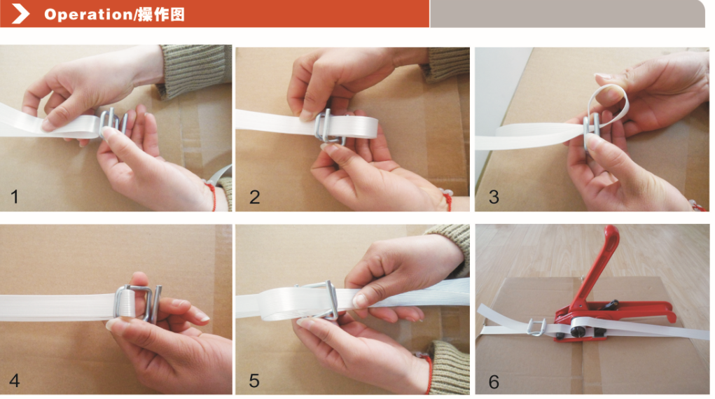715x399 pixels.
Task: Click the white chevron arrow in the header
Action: pyautogui.click(x=20, y=14)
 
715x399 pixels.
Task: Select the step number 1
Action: pyautogui.click(x=15, y=197)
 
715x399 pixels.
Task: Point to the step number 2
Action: pyautogui.click(x=254, y=197)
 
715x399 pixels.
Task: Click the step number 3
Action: pyautogui.click(x=494, y=197)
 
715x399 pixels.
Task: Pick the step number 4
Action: pyautogui.click(x=15, y=380)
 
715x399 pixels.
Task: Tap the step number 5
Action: pyautogui.click(x=254, y=380)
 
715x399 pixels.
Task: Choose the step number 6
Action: pyautogui.click(x=494, y=381)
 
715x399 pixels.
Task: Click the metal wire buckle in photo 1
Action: pyautogui.click(x=112, y=123)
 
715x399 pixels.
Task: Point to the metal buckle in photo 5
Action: pyautogui.click(x=327, y=299)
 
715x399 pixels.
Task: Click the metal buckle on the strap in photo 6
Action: pyautogui.click(x=537, y=327)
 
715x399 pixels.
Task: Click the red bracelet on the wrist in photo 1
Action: pyautogui.click(x=211, y=196)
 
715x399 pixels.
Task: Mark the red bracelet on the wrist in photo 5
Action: pyautogui.click(x=429, y=374)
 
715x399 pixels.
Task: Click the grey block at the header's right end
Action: pyautogui.click(x=567, y=14)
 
